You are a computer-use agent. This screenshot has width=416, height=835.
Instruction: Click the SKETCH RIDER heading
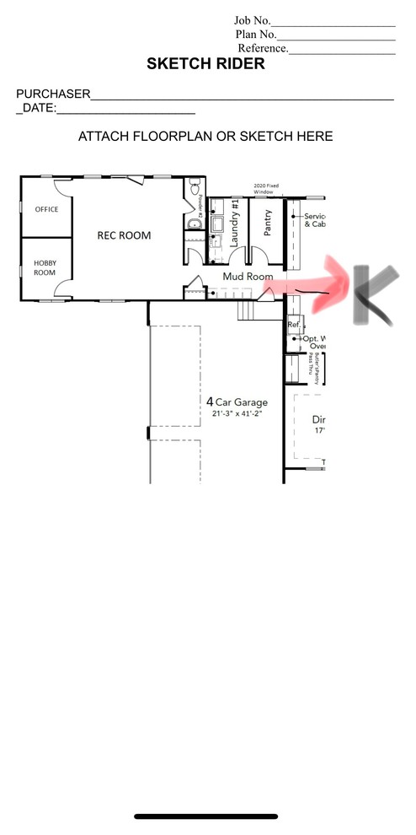[x=205, y=64]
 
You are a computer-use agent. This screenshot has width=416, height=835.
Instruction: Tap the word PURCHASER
[x=52, y=94]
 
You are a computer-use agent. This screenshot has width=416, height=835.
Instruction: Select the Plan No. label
[x=256, y=35]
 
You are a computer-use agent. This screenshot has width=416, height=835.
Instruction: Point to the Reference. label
[x=263, y=48]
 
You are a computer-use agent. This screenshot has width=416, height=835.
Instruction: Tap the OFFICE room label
[x=46, y=209]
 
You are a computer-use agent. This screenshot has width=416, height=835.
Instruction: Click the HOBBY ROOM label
[x=45, y=267]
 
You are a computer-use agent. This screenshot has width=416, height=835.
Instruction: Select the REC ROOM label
[x=124, y=235]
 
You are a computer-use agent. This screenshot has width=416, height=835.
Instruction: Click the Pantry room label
[x=267, y=227]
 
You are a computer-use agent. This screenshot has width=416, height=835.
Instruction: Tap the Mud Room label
[x=248, y=276]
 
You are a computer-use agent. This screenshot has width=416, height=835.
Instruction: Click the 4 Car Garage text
[x=237, y=401]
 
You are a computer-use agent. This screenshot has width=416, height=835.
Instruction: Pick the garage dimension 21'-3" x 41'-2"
[x=237, y=414]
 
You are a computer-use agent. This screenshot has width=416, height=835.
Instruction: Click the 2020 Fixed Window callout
[x=264, y=190]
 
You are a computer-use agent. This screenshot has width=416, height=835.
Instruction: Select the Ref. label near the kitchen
[x=294, y=324]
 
